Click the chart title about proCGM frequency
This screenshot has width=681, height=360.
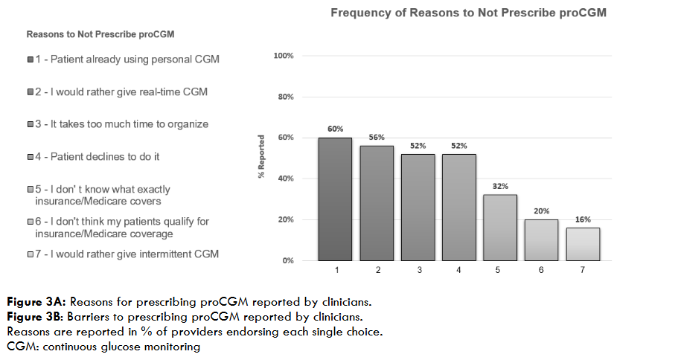(468, 13)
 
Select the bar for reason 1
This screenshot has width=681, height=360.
(335, 199)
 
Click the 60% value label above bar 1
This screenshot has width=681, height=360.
(335, 129)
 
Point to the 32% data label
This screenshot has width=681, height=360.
(500, 187)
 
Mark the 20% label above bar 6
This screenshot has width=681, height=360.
(541, 211)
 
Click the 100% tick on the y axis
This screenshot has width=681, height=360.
(284, 56)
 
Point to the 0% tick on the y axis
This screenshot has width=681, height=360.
(287, 261)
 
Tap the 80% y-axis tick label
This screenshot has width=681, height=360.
(286, 97)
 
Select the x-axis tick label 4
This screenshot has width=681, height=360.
(458, 271)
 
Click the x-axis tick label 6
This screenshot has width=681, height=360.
(541, 271)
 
